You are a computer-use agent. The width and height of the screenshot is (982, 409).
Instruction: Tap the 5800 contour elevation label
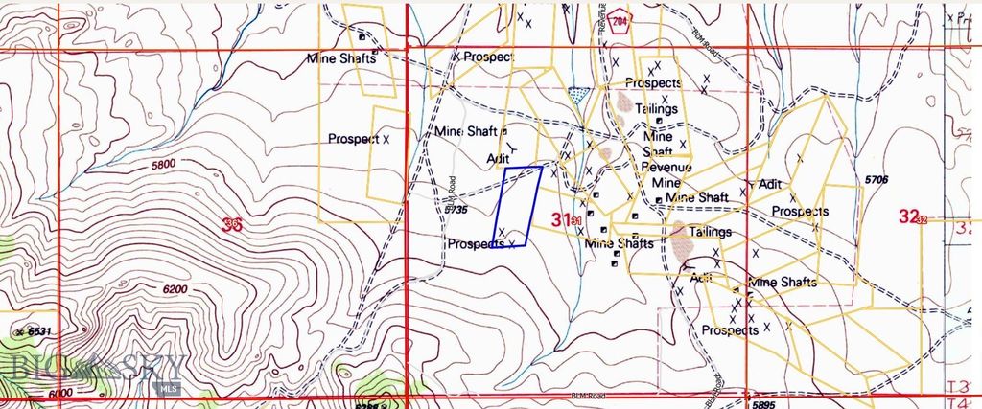[164, 165]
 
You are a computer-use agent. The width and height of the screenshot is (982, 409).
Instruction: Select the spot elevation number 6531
[39, 330]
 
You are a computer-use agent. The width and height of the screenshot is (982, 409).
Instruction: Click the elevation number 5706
[877, 179]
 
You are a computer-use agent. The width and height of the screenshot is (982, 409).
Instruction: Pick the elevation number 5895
[763, 404]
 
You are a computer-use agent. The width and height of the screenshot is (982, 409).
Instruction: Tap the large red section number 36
[231, 224]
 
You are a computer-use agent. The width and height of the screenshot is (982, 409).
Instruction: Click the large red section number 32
[910, 216]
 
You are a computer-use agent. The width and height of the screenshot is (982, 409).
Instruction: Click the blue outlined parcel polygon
[517, 205]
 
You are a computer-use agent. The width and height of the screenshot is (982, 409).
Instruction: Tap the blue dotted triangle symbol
[577, 94]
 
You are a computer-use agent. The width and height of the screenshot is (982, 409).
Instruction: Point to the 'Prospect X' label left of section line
[359, 139]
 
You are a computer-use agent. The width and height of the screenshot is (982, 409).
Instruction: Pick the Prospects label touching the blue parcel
[477, 244]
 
